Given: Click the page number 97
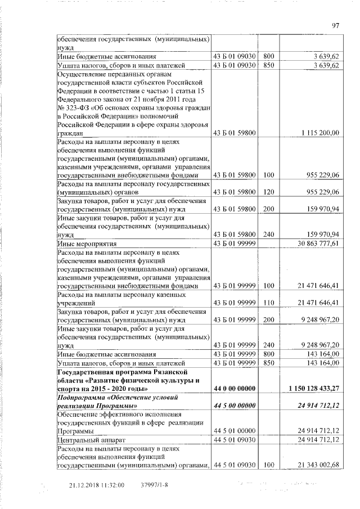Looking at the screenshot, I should tap(336, 25).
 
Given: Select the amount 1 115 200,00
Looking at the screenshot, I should tap(319, 133).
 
